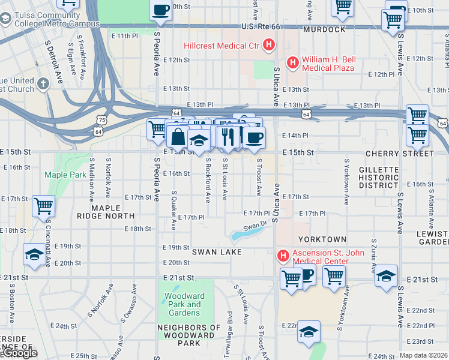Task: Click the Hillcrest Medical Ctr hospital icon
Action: (269, 45)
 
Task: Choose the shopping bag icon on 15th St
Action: (178, 137)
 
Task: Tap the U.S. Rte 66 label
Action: (261, 26)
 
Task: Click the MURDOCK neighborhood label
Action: (324, 29)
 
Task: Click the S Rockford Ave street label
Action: (208, 180)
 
